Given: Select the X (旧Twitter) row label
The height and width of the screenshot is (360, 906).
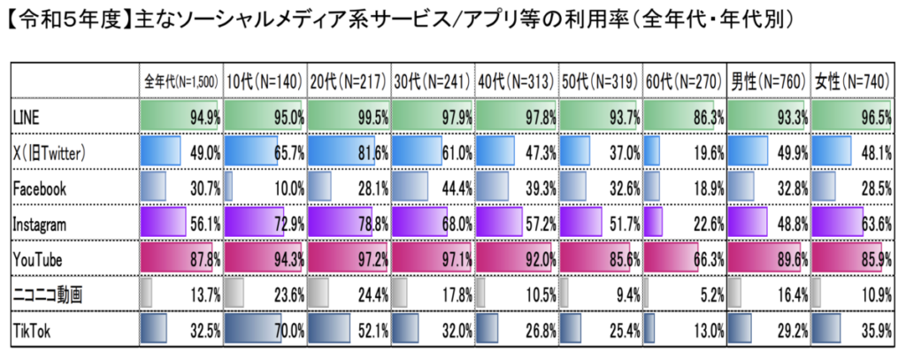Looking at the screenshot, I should click(49, 151).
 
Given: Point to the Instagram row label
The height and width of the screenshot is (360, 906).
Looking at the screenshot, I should click(40, 222).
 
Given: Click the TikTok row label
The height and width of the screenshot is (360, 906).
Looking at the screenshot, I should click(32, 328).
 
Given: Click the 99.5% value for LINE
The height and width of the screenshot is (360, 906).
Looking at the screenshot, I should click(371, 116).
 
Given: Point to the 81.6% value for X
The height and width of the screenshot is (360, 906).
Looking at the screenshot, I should click(371, 151).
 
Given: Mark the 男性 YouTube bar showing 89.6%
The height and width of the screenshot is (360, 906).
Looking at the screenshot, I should click(764, 257).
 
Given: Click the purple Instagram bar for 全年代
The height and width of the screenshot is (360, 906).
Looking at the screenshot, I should click(164, 222).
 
